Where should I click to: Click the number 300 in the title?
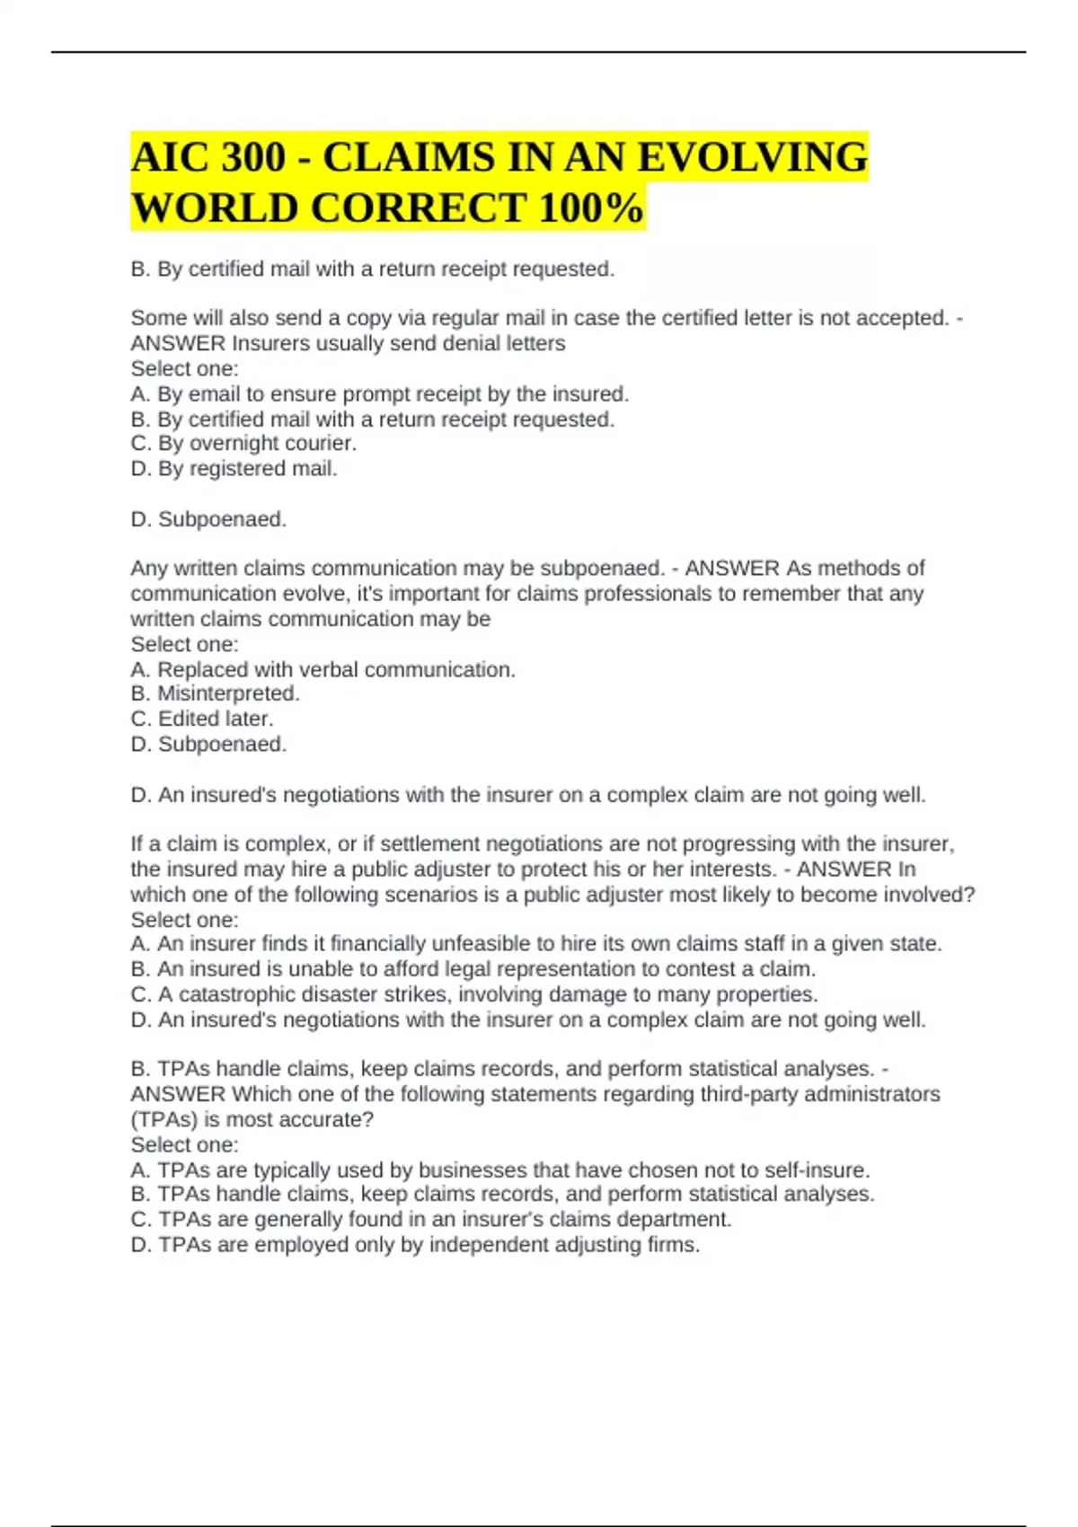point(253,158)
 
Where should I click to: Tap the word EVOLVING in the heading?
point(753,158)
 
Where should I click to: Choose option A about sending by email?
point(379,394)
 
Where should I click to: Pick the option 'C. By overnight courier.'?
point(243,444)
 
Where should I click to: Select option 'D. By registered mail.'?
point(234,469)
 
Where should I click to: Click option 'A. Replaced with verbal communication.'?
point(323,670)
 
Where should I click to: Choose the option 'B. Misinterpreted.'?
point(215,693)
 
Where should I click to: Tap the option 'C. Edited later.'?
point(202,719)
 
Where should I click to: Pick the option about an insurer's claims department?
point(431,1220)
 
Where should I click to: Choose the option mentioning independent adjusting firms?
point(415,1245)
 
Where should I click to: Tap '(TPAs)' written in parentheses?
point(163,1119)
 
